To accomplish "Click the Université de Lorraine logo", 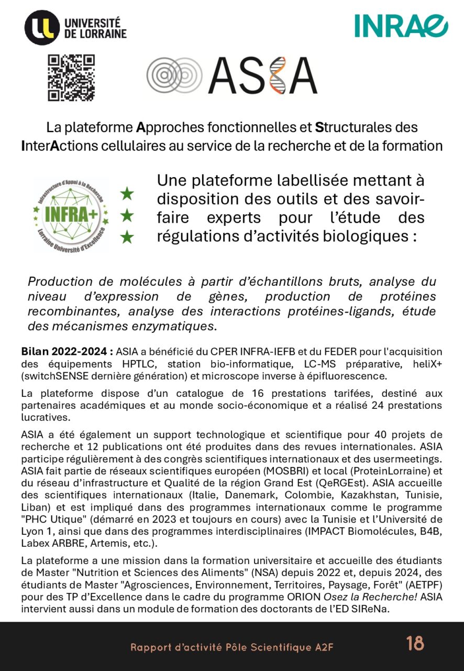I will (x=75, y=27).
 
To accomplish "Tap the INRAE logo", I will (x=401, y=25).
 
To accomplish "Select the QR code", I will (x=71, y=78).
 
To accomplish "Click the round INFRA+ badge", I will (x=71, y=214).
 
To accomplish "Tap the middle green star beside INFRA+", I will (x=127, y=215).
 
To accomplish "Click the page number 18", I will (x=415, y=643).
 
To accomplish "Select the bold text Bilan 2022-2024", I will (x=67, y=351).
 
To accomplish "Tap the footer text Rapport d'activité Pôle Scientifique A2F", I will (x=232, y=647).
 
